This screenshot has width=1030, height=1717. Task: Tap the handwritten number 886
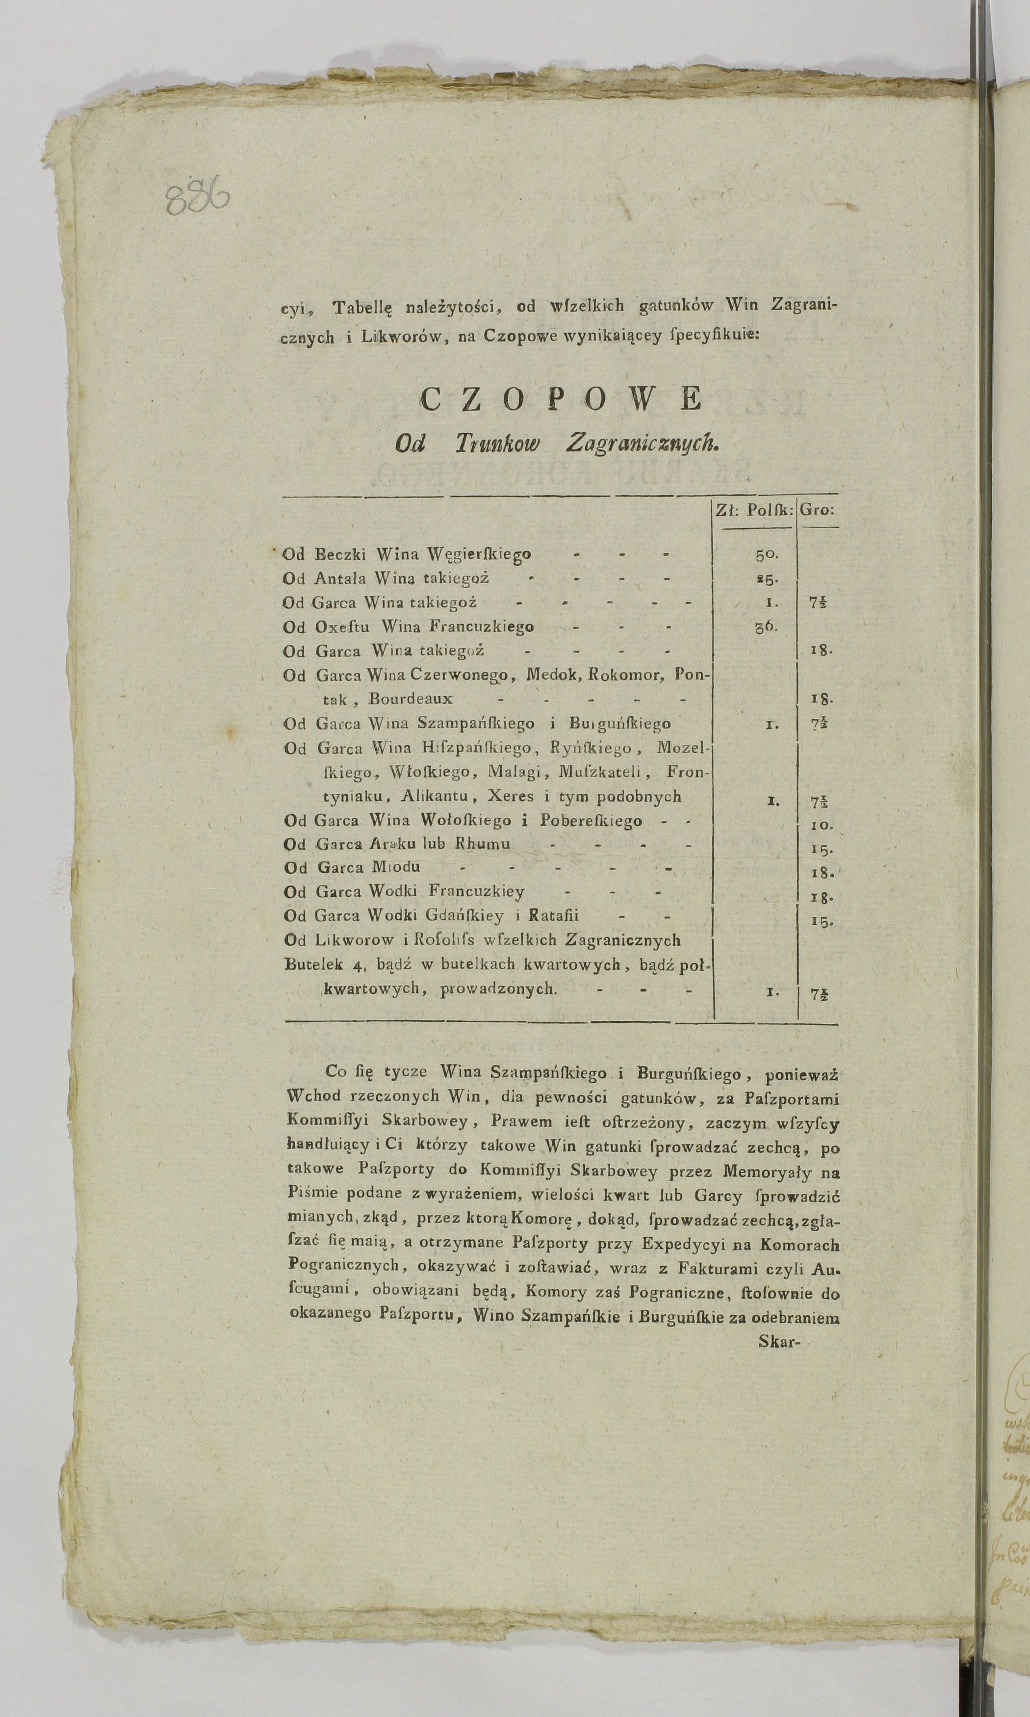pos(198,199)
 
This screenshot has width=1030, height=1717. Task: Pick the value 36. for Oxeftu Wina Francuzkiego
pos(766,626)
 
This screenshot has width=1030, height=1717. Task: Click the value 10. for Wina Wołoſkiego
pos(821,825)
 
